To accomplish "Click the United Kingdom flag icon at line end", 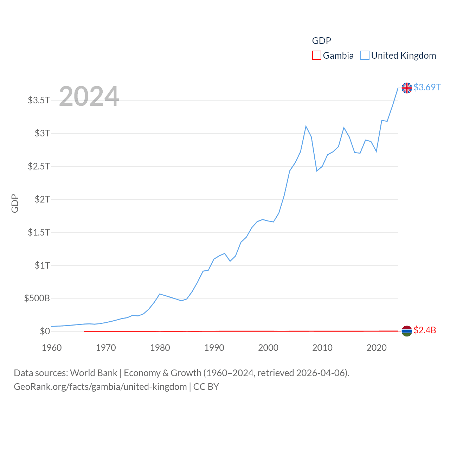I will [x=407, y=88].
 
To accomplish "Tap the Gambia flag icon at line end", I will [x=407, y=331].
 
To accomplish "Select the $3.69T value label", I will [x=427, y=87].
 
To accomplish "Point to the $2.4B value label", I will [x=425, y=330].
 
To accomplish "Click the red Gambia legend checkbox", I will [x=316, y=56].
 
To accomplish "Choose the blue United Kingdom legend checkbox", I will [x=365, y=56].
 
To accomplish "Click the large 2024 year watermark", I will [x=89, y=96].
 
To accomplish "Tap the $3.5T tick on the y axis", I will [x=39, y=100].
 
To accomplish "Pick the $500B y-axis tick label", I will [x=37, y=298].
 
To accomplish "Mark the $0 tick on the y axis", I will [x=45, y=331].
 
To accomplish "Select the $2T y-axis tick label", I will [x=42, y=199].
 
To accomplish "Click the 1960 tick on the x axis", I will [x=52, y=348].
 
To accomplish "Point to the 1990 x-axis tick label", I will [x=214, y=348].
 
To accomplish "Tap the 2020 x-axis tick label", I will [x=377, y=348].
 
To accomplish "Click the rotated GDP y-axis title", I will [x=15, y=203].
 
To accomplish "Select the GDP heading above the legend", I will [x=321, y=41].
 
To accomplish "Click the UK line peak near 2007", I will [x=306, y=126].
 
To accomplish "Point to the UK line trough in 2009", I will [x=317, y=171].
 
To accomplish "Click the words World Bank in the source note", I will [x=94, y=373].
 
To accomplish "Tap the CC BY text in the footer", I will [x=206, y=387].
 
